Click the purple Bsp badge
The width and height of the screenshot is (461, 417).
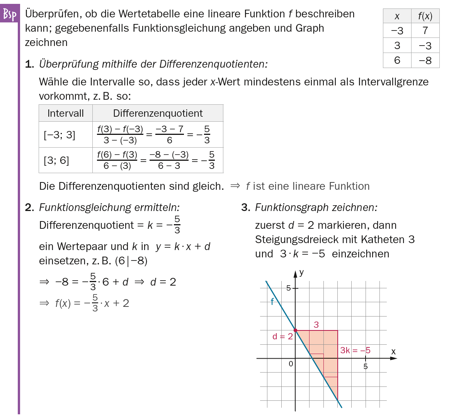(x=10, y=15)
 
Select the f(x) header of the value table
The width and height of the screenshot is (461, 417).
(x=425, y=16)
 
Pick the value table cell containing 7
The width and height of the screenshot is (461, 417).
(x=425, y=31)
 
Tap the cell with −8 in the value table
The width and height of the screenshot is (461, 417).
(x=425, y=61)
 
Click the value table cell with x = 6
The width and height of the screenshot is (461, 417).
(x=397, y=61)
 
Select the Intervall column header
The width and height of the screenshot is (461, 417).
(x=65, y=113)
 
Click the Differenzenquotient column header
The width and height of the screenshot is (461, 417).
(x=158, y=113)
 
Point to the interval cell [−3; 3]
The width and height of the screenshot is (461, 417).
(x=60, y=135)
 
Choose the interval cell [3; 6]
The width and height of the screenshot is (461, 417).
(x=56, y=160)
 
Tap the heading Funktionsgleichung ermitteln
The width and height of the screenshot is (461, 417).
(x=109, y=208)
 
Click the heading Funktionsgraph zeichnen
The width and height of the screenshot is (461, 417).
(x=316, y=208)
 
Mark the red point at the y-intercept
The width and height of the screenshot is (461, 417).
(x=296, y=330)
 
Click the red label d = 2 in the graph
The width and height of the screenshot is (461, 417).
(x=282, y=337)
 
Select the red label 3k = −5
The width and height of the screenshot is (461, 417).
(x=355, y=351)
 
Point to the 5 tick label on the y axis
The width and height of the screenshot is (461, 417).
(x=288, y=288)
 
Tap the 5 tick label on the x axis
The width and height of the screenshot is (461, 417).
(x=366, y=366)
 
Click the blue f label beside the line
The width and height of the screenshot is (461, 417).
(x=272, y=302)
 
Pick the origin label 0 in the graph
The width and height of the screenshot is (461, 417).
(x=291, y=364)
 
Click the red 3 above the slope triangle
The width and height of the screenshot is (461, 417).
(x=316, y=325)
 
